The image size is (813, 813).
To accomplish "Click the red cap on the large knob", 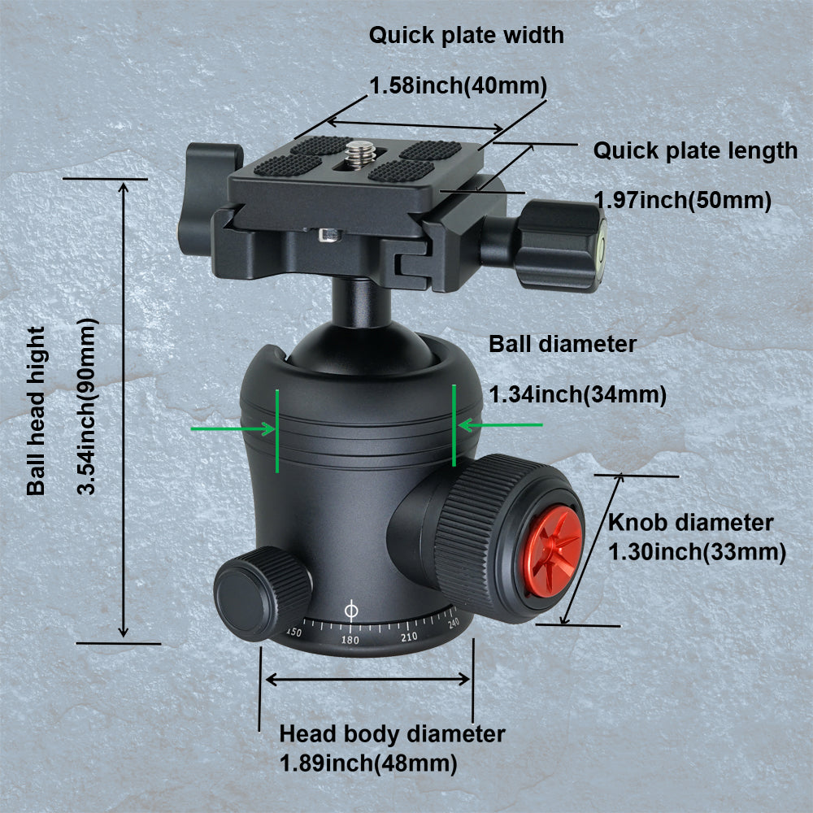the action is coord(553,551).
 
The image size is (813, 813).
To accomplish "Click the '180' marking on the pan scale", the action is coord(350,640).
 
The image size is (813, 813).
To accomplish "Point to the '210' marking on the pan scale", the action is coord(409,637).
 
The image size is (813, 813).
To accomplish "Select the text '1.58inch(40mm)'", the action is coord(459,85).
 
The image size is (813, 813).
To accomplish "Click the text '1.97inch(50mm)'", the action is coord(682,200).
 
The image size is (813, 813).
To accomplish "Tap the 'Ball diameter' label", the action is coord(563,344).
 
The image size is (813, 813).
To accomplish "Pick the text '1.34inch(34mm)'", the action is coord(577,394).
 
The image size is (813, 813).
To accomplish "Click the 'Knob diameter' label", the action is coord(690,522).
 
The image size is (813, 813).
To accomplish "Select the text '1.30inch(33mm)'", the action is coord(697,552).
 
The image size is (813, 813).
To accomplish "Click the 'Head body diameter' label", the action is coord(392,734).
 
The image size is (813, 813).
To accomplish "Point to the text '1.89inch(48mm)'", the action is coord(368,763).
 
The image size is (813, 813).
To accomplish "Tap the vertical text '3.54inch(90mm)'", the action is coord(87,406).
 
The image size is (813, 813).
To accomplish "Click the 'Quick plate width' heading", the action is coord(466,35).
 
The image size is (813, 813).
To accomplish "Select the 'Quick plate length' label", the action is coord(695,151).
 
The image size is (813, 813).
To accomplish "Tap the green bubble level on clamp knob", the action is coord(602,242).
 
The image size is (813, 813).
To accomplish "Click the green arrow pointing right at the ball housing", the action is coord(233,428).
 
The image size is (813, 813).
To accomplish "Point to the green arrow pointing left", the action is coord(501,425).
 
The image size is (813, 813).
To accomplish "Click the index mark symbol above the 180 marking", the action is coord(351,611).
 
